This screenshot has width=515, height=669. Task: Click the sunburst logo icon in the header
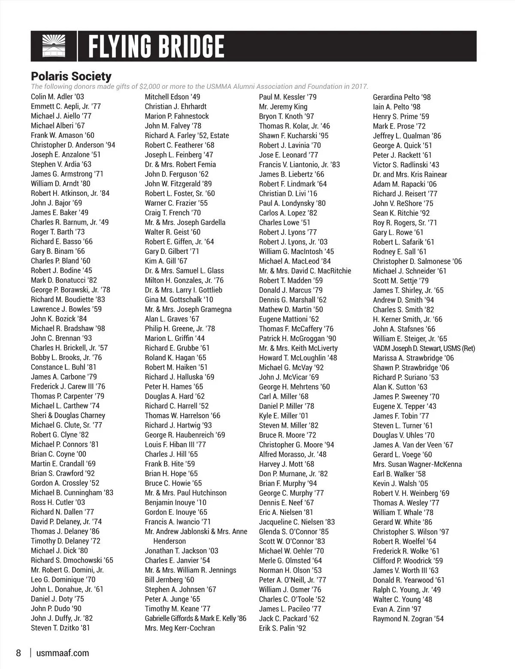click(x=54, y=46)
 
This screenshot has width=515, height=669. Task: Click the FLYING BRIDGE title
click(x=156, y=47)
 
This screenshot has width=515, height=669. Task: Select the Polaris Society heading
click(x=71, y=76)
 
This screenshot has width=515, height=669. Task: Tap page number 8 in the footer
click(x=18, y=653)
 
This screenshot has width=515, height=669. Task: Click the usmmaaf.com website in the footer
click(x=63, y=653)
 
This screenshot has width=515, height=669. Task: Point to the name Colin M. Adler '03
click(x=58, y=97)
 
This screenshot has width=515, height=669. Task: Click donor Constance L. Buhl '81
click(x=64, y=367)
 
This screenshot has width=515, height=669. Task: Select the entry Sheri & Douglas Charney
click(x=68, y=415)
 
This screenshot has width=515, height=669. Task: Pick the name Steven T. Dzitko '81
click(x=61, y=628)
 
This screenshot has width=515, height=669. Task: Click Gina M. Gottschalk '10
click(x=179, y=300)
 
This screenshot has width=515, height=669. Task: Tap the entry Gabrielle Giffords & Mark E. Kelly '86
click(x=196, y=618)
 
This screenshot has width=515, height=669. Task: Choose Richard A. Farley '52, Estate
click(x=187, y=135)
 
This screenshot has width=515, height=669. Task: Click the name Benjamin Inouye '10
click(x=176, y=502)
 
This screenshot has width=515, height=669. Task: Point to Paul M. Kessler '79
click(x=288, y=97)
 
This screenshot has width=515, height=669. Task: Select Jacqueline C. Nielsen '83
click(x=297, y=522)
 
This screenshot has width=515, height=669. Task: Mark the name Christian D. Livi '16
click(x=288, y=194)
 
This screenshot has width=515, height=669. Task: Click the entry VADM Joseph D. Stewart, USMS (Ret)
click(x=424, y=348)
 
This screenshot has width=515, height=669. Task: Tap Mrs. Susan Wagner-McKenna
click(x=417, y=464)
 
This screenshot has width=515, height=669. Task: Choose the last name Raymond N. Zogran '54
click(x=408, y=619)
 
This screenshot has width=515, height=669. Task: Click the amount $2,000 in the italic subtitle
click(x=151, y=86)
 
